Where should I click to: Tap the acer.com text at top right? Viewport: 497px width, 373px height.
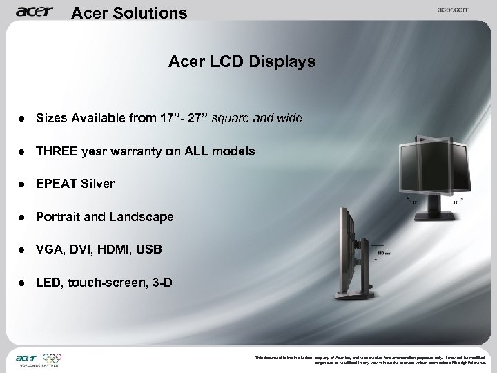tap(451, 10)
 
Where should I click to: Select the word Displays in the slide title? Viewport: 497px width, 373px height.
tap(284, 62)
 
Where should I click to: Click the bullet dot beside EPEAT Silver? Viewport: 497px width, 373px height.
tap(22, 184)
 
